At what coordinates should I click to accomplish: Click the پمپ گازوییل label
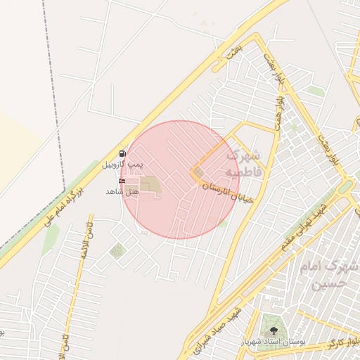(x=122, y=164)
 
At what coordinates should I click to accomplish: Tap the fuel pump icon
(x=123, y=153)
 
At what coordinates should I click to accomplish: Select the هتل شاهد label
(x=120, y=191)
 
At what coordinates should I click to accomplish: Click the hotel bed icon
(x=123, y=181)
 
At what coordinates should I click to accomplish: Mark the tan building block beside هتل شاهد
(x=149, y=186)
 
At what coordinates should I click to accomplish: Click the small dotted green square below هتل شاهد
(x=117, y=250)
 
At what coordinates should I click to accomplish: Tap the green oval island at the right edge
(x=345, y=187)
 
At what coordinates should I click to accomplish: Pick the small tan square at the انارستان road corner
(x=199, y=172)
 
